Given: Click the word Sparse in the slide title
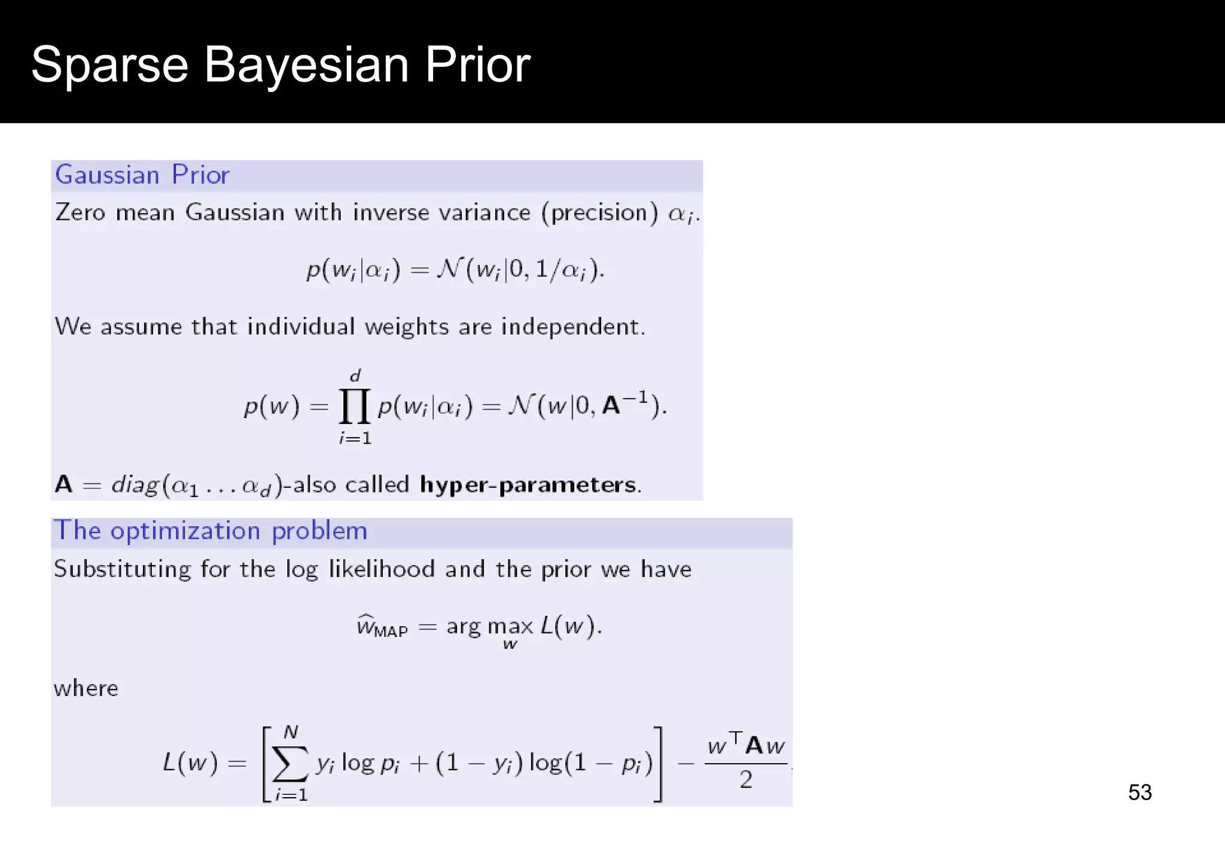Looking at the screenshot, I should pos(109,65).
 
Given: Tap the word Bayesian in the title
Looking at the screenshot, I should pos(306,65).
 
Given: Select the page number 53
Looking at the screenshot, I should pos(1139,792).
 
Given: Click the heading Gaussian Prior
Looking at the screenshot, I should pos(142,175).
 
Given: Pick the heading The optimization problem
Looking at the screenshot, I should pos(211,531).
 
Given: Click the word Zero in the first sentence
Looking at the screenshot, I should pos(80,212).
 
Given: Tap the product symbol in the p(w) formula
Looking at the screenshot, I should pos(355,407).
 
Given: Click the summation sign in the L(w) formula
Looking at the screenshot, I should pos(290,764).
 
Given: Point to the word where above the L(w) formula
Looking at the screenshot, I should pos(86,688).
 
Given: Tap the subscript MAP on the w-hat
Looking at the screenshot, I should pos(391,632).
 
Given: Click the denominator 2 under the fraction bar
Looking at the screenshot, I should pos(746,780).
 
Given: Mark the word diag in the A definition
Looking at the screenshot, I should pos(135,484).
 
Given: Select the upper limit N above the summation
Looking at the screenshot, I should pos(291,732).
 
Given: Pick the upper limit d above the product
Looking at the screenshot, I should pos(355,376).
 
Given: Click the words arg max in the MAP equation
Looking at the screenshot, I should pos(489,627).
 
